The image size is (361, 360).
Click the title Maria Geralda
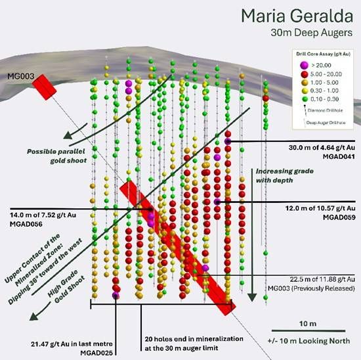coord(297,16)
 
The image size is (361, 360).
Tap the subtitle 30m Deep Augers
coord(312,32)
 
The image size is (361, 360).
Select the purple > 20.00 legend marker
coord(304,65)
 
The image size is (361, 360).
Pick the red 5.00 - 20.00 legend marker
coord(305,74)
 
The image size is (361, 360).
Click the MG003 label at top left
coord(21,76)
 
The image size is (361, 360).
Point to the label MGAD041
coord(339,157)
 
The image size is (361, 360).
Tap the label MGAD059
coord(339,217)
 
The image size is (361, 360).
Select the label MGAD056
coord(26,224)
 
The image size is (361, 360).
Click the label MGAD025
coord(96,353)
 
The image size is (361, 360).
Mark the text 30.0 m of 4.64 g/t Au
coord(322,148)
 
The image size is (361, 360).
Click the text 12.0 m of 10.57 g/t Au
coord(320,208)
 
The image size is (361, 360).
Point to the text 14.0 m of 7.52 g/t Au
coord(43,215)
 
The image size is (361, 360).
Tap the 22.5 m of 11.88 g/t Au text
coord(322,279)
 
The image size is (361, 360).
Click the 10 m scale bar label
coord(308,324)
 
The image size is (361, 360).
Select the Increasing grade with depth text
coord(285,175)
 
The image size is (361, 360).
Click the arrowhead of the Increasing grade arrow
coord(252,298)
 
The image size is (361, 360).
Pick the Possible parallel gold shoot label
coord(56,156)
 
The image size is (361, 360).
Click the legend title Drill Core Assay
coord(323,54)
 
